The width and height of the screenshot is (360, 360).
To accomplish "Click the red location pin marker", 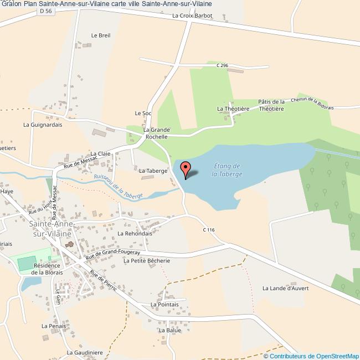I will click(186, 168).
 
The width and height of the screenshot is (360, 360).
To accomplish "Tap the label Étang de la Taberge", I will click(227, 170).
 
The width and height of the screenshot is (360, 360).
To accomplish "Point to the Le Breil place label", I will click(101, 35).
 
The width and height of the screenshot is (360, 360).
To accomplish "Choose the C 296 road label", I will click(222, 65).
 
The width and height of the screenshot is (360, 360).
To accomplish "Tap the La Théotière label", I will click(233, 109).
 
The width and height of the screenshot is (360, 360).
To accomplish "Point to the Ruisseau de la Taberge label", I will click(119, 187).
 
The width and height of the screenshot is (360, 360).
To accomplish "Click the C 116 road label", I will click(208, 230).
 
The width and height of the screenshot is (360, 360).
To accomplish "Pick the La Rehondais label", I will click(135, 234).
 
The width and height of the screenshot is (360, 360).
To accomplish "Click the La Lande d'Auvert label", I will click(285, 288).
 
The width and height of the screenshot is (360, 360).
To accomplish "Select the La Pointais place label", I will click(164, 305).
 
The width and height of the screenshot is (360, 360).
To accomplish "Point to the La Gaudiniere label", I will click(85, 352).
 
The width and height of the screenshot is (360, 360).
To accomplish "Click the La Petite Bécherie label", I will click(146, 260).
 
